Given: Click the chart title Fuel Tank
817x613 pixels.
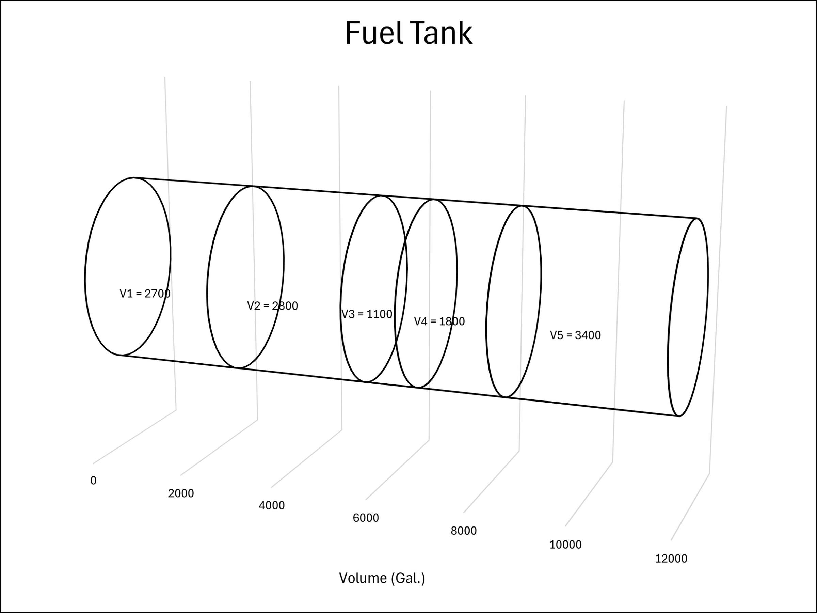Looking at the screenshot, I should tap(408, 33).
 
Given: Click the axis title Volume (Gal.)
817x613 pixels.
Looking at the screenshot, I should tap(382, 578).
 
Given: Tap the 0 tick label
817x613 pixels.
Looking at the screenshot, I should tap(94, 481).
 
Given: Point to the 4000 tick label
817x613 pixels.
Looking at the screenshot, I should tap(271, 505).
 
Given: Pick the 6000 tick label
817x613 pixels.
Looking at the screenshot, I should tap(366, 518).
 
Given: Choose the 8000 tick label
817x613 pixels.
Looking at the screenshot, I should tap(464, 531).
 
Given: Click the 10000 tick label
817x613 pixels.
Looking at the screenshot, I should tap(565, 545).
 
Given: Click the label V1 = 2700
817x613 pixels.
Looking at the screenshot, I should tap(145, 294).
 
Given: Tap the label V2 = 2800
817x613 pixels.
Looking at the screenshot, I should tap(272, 306).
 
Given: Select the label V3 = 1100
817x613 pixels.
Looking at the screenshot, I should tap(366, 314).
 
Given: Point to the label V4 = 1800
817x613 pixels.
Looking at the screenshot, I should tap(439, 321).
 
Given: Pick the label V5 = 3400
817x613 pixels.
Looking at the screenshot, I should tap(575, 335).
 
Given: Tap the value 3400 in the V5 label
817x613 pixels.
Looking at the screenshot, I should tap(588, 335).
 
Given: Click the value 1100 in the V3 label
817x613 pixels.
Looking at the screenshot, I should tap(379, 314).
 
